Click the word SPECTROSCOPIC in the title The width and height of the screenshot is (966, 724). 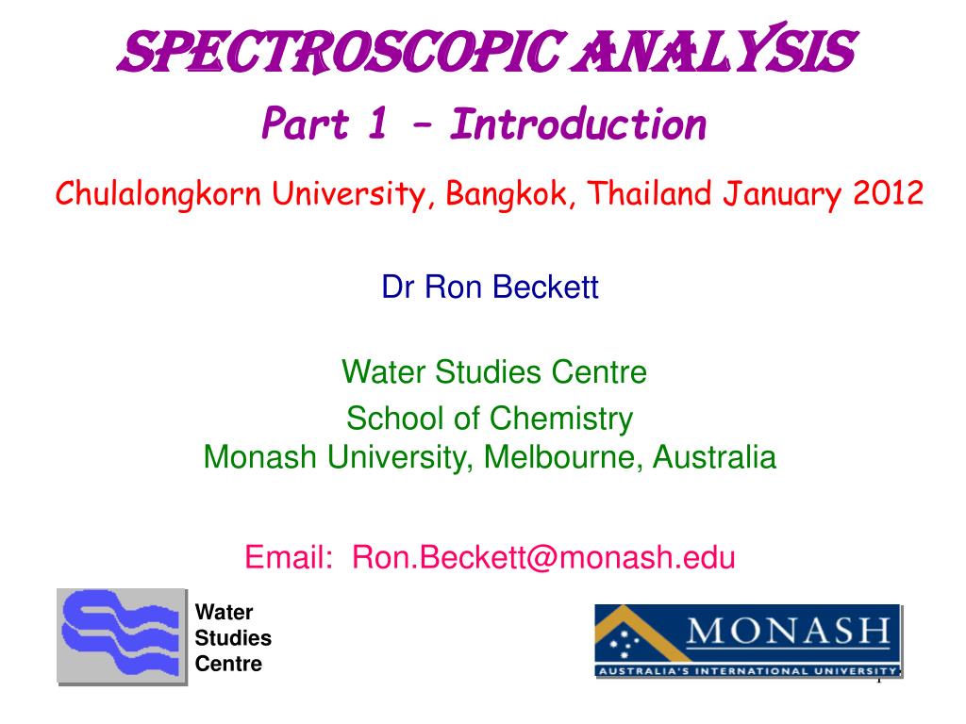click(x=341, y=52)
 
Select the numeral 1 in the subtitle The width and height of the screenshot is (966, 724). click(x=377, y=123)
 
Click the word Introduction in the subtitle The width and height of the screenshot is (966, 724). click(x=578, y=124)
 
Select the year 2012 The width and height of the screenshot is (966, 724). click(x=888, y=193)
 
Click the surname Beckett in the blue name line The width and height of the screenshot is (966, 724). click(x=545, y=287)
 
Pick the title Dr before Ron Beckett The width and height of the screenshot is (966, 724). click(x=398, y=287)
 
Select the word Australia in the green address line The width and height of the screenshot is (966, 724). click(x=714, y=457)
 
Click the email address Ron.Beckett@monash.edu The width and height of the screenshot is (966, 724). click(x=543, y=557)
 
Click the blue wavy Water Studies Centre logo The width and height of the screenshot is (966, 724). click(x=122, y=635)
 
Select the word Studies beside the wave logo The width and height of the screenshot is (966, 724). click(x=233, y=638)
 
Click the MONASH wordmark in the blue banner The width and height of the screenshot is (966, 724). click(x=790, y=631)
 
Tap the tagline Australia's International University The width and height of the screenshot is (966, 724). click(x=748, y=671)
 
